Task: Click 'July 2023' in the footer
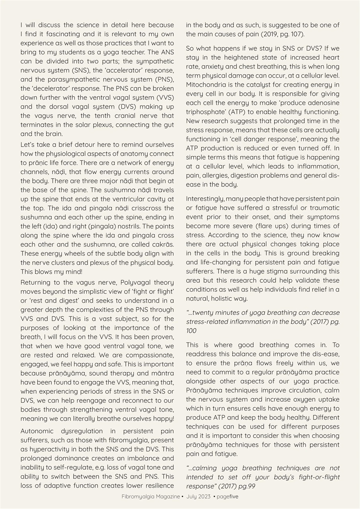198,496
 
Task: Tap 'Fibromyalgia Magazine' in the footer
150,496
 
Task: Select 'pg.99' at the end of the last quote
331,486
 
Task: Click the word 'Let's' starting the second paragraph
28,144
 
